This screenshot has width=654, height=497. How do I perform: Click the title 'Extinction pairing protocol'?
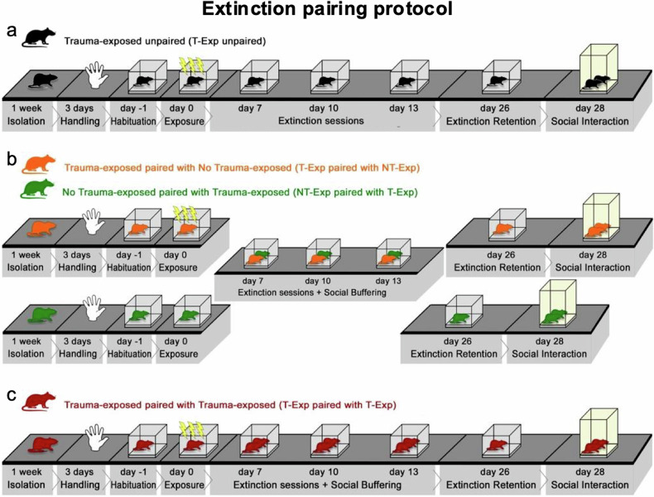326,11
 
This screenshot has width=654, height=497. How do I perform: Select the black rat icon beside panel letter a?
37,37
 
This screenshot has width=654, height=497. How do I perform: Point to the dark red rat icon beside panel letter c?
37,405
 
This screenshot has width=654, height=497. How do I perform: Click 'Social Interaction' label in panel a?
594,122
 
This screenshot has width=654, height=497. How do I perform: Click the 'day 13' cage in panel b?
393,254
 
